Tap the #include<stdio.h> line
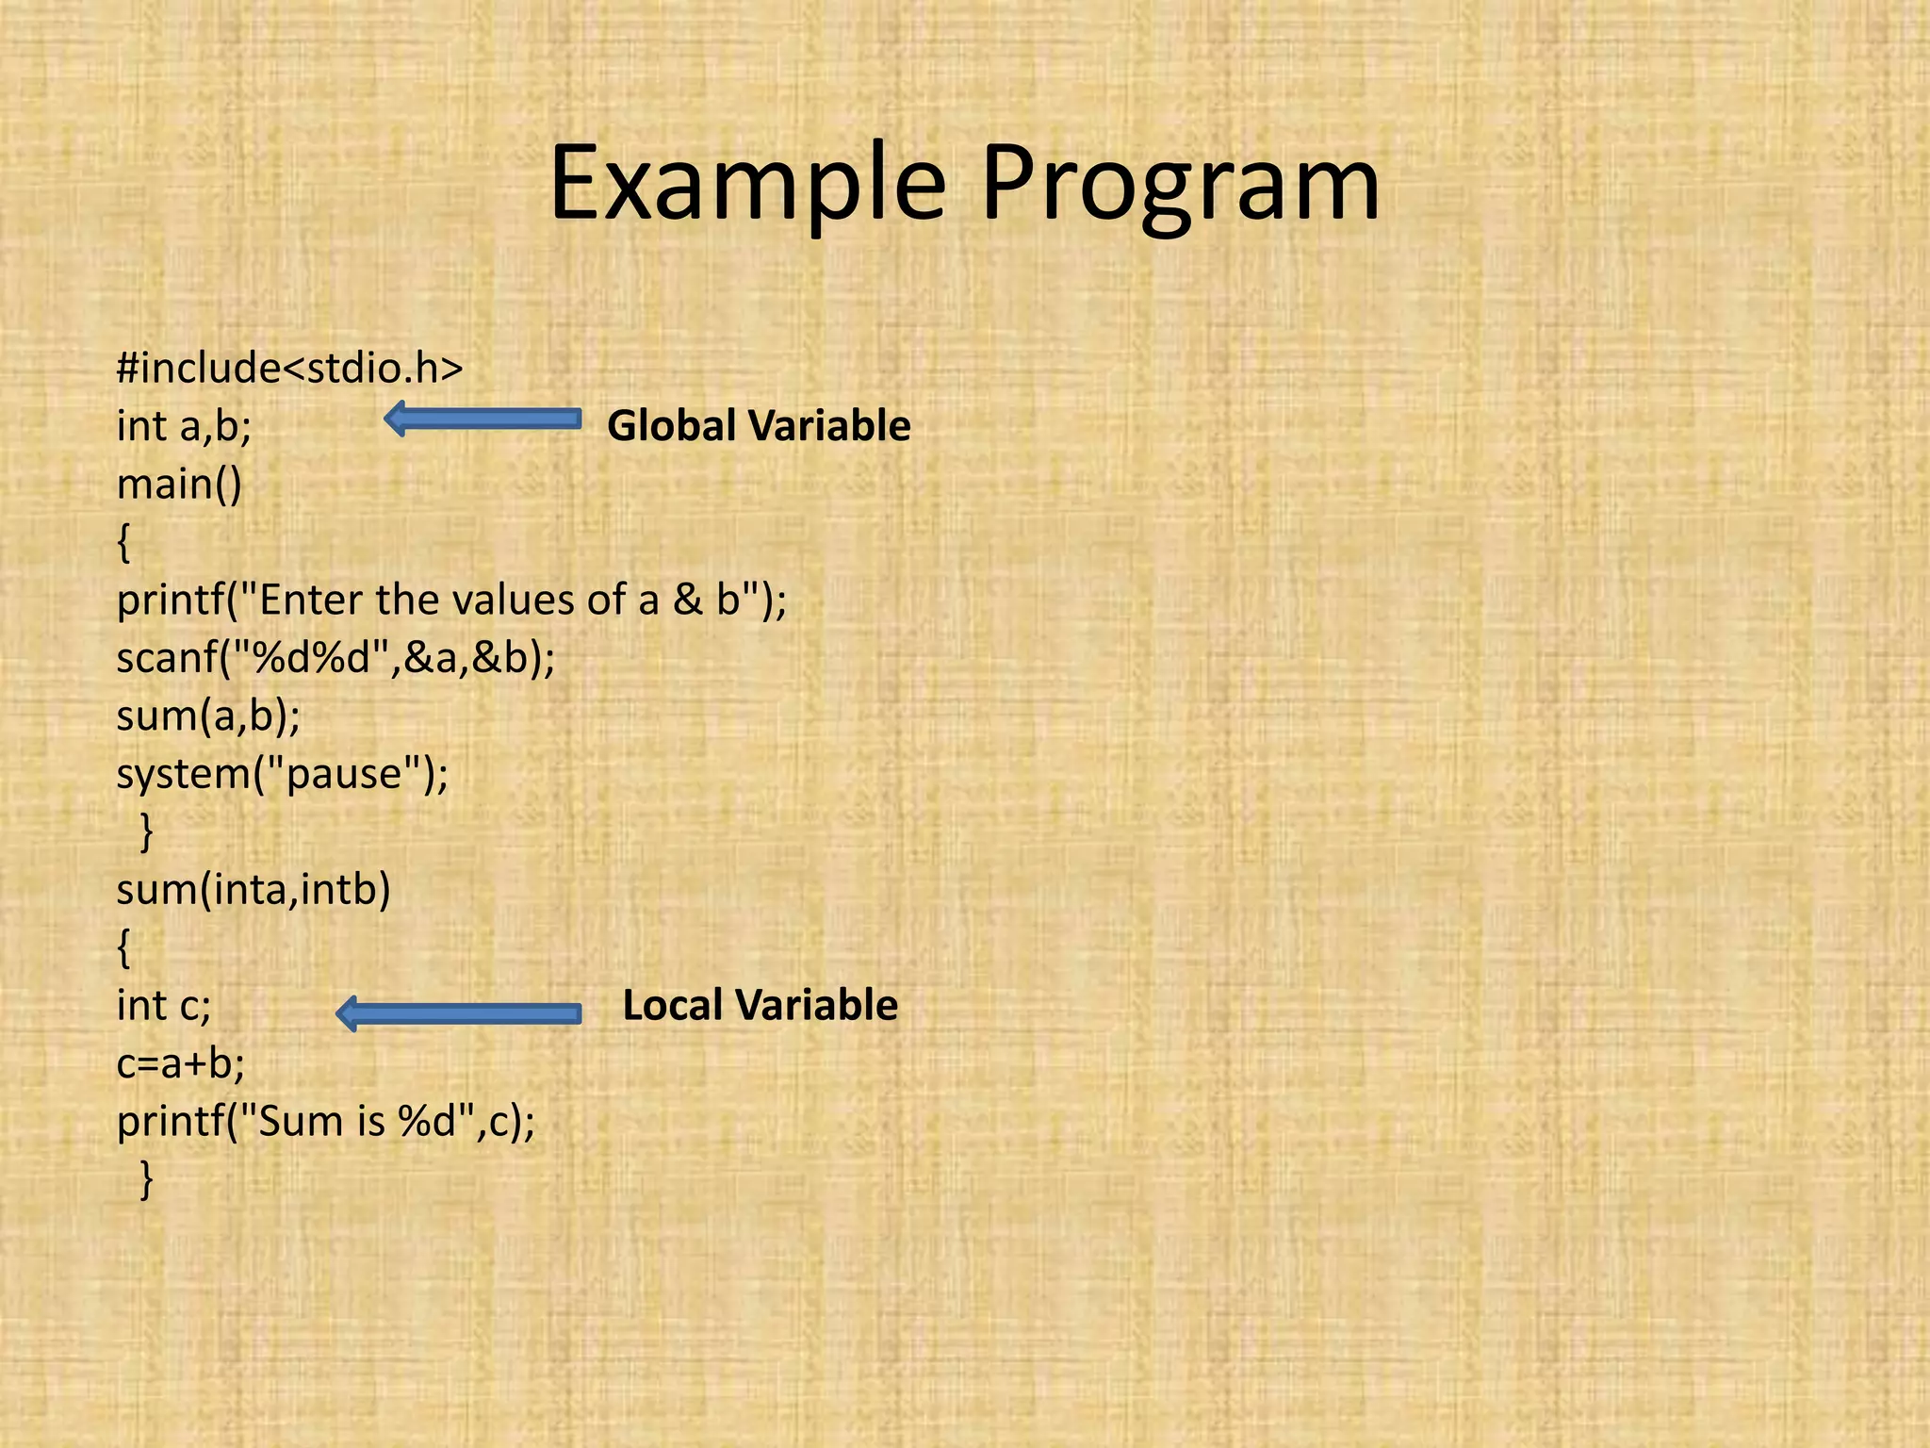(x=289, y=367)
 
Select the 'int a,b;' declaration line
(x=184, y=426)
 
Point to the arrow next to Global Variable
(x=482, y=419)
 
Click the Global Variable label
(x=759, y=426)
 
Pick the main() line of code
(x=179, y=485)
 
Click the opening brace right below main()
(x=123, y=543)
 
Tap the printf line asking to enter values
(x=450, y=601)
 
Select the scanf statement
(x=335, y=658)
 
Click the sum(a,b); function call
(x=208, y=716)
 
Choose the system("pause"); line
(x=283, y=774)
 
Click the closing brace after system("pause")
(x=146, y=831)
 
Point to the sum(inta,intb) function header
(x=253, y=890)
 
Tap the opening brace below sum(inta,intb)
(x=123, y=947)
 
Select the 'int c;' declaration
(x=164, y=1006)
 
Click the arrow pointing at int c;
(x=458, y=1013)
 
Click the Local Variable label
(x=760, y=1006)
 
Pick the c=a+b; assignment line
(x=180, y=1064)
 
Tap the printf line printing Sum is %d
(x=325, y=1122)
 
